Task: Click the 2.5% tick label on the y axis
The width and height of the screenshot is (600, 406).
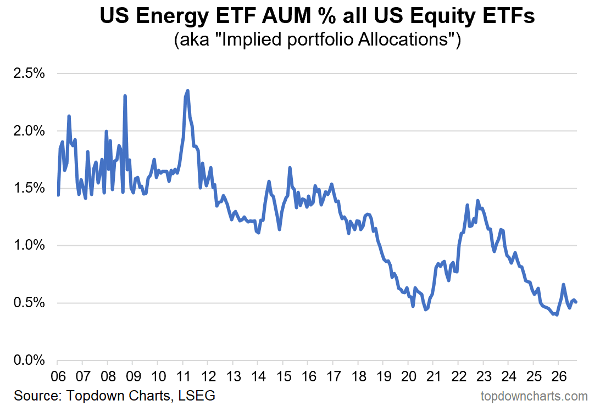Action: [29, 74]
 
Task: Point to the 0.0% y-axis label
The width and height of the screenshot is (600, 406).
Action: [29, 360]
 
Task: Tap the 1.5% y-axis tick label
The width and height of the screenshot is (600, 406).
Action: [29, 188]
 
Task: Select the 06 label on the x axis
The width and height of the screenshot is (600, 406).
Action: [58, 376]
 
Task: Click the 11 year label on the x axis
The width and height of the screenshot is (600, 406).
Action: [184, 376]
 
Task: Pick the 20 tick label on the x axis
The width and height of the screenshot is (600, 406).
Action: [408, 376]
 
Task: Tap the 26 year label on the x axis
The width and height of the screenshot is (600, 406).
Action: [558, 376]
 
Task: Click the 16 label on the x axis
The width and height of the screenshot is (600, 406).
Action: [308, 376]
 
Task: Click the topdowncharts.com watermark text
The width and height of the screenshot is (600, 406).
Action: [534, 397]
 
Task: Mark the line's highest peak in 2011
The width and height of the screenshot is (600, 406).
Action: [187, 91]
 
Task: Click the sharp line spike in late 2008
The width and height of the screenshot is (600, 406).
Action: [125, 96]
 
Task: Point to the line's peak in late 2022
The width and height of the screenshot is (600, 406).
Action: [477, 200]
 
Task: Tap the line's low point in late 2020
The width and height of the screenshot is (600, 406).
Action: [425, 309]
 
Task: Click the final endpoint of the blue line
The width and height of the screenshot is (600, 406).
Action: [576, 302]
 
